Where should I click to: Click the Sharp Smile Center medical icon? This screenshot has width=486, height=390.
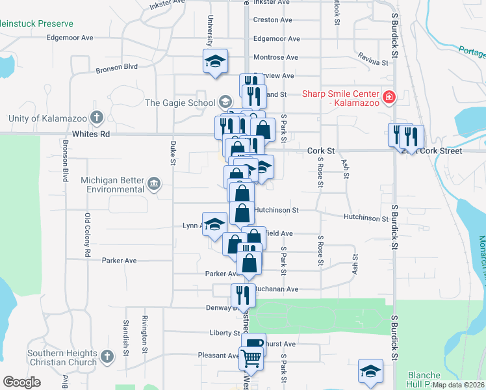click(389, 97)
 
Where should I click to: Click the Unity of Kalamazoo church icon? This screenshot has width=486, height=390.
click(97, 118)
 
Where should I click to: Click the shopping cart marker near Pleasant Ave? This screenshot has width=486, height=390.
click(251, 356)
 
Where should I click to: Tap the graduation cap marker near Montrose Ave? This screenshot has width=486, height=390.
click(215, 62)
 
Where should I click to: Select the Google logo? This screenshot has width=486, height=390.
click(21, 382)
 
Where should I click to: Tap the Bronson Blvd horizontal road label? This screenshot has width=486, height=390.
click(117, 67)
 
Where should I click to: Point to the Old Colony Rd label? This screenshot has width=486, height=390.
click(87, 235)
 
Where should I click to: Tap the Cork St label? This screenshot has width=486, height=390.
click(321, 150)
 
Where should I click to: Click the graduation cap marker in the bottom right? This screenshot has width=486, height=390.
click(370, 370)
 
